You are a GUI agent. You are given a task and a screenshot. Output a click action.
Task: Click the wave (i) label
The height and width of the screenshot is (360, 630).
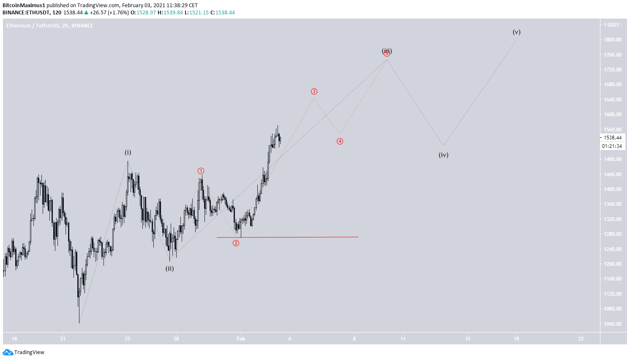pyautogui.click(x=128, y=153)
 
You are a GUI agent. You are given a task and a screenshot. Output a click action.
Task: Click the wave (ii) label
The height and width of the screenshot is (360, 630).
pyautogui.click(x=169, y=269)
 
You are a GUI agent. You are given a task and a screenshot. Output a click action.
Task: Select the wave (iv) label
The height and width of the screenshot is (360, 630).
pyautogui.click(x=443, y=155)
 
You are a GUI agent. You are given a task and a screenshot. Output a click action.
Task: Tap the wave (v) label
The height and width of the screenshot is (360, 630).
pyautogui.click(x=516, y=32)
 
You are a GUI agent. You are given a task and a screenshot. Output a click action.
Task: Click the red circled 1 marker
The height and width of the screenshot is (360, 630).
pyautogui.click(x=201, y=171)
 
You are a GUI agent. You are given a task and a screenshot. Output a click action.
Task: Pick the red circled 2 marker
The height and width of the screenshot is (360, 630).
pyautogui.click(x=236, y=243)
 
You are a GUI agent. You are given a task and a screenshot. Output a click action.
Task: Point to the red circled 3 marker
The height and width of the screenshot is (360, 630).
pyautogui.click(x=314, y=92)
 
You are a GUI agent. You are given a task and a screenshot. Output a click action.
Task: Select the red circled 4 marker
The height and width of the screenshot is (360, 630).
pyautogui.click(x=340, y=142)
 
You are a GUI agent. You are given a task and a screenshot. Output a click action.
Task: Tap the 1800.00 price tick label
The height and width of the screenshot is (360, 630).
pyautogui.click(x=612, y=40)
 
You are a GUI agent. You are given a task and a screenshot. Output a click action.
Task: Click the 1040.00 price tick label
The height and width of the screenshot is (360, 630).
pyautogui.click(x=612, y=324)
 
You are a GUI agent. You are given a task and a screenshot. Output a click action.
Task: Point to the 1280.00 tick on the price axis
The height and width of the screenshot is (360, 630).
pyautogui.click(x=612, y=234)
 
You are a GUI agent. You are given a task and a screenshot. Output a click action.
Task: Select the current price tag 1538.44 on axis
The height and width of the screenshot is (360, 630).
pyautogui.click(x=612, y=138)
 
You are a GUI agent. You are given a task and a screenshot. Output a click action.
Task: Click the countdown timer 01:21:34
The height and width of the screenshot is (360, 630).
pyautogui.click(x=612, y=146)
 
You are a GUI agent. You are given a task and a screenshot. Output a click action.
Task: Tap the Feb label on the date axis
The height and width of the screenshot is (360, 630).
pyautogui.click(x=241, y=339)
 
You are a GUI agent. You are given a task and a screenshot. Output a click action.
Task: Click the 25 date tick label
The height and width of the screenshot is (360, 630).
pyautogui.click(x=128, y=339)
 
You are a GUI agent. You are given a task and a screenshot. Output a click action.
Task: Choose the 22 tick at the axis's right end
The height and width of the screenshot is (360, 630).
pyautogui.click(x=581, y=339)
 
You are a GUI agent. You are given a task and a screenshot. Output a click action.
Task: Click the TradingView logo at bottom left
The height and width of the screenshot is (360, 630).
pyautogui.click(x=24, y=352)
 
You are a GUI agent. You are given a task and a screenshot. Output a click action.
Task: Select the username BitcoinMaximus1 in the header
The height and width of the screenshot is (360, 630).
pyautogui.click(x=24, y=5)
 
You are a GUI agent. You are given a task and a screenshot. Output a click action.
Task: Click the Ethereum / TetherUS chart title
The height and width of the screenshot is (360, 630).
pyautogui.click(x=50, y=26)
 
